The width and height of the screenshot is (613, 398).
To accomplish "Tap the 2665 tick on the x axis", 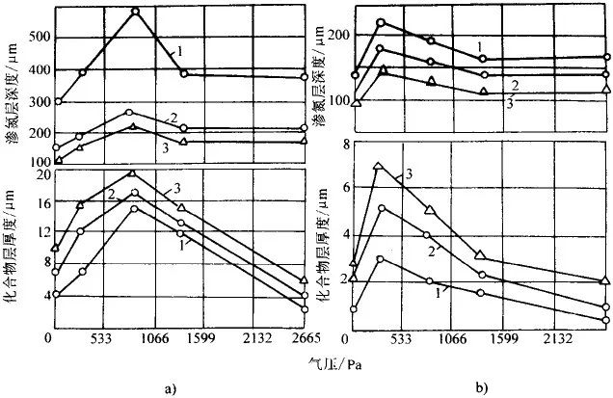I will [290, 338].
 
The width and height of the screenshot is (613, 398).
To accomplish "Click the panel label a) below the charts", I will [171, 388].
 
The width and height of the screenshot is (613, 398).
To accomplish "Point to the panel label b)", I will [480, 388].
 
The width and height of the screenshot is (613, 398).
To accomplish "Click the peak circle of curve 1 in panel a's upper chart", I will [135, 12].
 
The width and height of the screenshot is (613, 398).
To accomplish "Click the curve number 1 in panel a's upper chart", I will [177, 50].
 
